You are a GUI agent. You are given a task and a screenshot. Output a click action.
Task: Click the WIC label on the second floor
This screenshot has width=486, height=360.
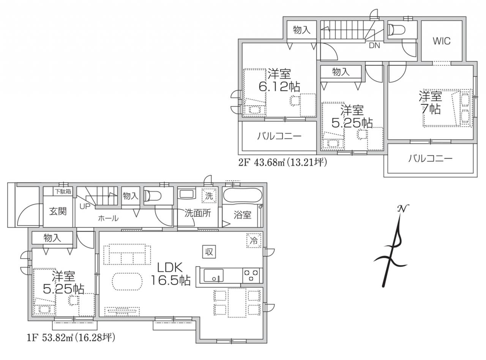click(x=442, y=41)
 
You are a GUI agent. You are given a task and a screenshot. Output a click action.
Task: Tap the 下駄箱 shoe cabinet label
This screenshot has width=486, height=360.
click(x=63, y=191)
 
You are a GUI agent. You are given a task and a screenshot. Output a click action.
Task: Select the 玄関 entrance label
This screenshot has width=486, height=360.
click(x=58, y=212)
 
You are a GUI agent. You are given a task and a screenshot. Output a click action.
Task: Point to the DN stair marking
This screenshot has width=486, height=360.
click(x=374, y=46)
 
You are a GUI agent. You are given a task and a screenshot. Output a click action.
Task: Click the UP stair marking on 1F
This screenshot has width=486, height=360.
click(x=85, y=206)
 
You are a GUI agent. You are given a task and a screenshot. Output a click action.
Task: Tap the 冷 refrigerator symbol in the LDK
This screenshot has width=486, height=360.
click(x=254, y=240)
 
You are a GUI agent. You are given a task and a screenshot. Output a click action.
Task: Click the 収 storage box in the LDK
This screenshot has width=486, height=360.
click(x=209, y=252)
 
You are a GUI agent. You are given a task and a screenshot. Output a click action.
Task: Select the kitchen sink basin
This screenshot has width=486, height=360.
click(x=214, y=276)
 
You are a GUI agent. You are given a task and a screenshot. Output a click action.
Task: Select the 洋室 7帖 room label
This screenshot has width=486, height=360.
click(x=430, y=102)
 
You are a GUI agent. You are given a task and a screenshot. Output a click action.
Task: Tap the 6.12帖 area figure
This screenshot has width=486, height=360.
click(x=279, y=87)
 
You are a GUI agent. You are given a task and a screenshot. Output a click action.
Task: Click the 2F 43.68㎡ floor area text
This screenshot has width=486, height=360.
click(x=282, y=163)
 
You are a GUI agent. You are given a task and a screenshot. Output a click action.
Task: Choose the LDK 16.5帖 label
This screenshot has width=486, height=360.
click(x=171, y=274)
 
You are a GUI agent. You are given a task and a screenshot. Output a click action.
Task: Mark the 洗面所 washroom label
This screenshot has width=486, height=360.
click(x=198, y=213)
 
